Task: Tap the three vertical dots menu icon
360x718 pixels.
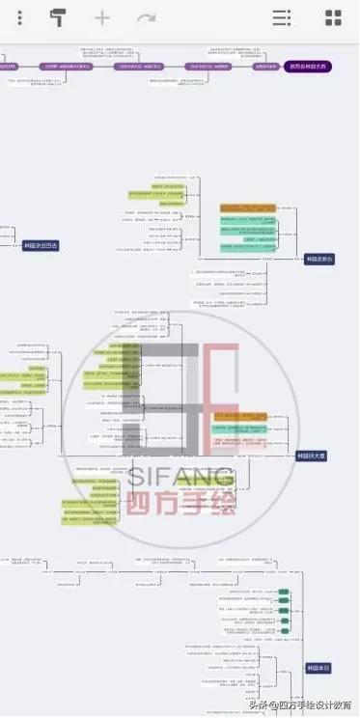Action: tap(20, 18)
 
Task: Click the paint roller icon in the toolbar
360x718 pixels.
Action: tap(59, 18)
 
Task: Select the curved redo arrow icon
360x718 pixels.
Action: tap(146, 18)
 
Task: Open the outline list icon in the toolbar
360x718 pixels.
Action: tap(281, 18)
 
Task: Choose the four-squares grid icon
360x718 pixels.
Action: tap(333, 18)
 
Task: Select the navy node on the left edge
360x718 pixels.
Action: tap(41, 245)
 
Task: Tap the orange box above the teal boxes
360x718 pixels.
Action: tap(247, 207)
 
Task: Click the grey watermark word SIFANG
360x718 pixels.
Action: tap(180, 477)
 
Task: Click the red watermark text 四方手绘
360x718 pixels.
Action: tap(180, 503)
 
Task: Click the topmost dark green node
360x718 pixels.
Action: tap(284, 592)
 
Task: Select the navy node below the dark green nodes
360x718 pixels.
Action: tap(318, 668)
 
